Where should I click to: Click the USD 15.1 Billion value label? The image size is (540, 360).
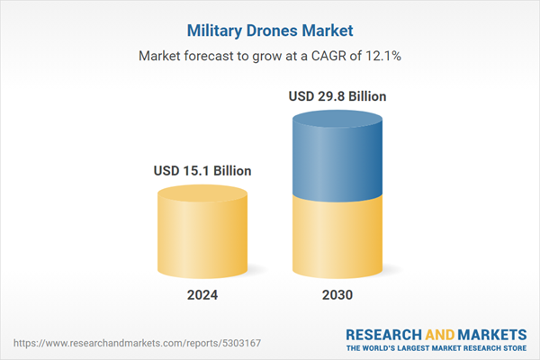[x=202, y=170]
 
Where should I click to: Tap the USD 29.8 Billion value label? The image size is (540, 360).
[x=338, y=94]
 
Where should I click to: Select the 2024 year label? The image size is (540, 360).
[x=202, y=295]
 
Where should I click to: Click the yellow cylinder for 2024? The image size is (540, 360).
[x=202, y=238]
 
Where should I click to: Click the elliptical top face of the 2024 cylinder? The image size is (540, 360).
[x=202, y=193]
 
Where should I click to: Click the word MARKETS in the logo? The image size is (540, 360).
[x=493, y=334]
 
